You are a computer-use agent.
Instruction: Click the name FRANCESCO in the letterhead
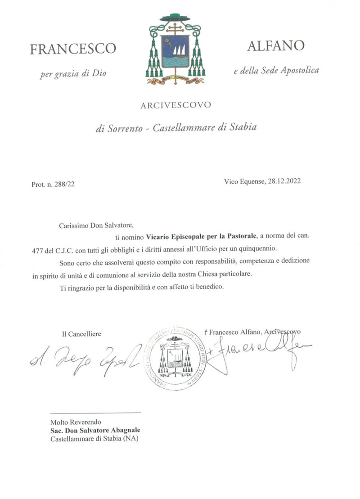coord(73,49)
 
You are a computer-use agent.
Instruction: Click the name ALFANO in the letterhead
coord(276,45)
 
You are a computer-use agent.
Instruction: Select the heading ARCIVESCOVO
coord(175,106)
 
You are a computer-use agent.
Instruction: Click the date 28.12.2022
coord(282,181)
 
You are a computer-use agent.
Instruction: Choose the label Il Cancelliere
coord(81,334)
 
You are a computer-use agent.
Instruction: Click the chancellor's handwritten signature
coord(85,357)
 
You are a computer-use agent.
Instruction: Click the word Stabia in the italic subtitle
coord(243,127)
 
